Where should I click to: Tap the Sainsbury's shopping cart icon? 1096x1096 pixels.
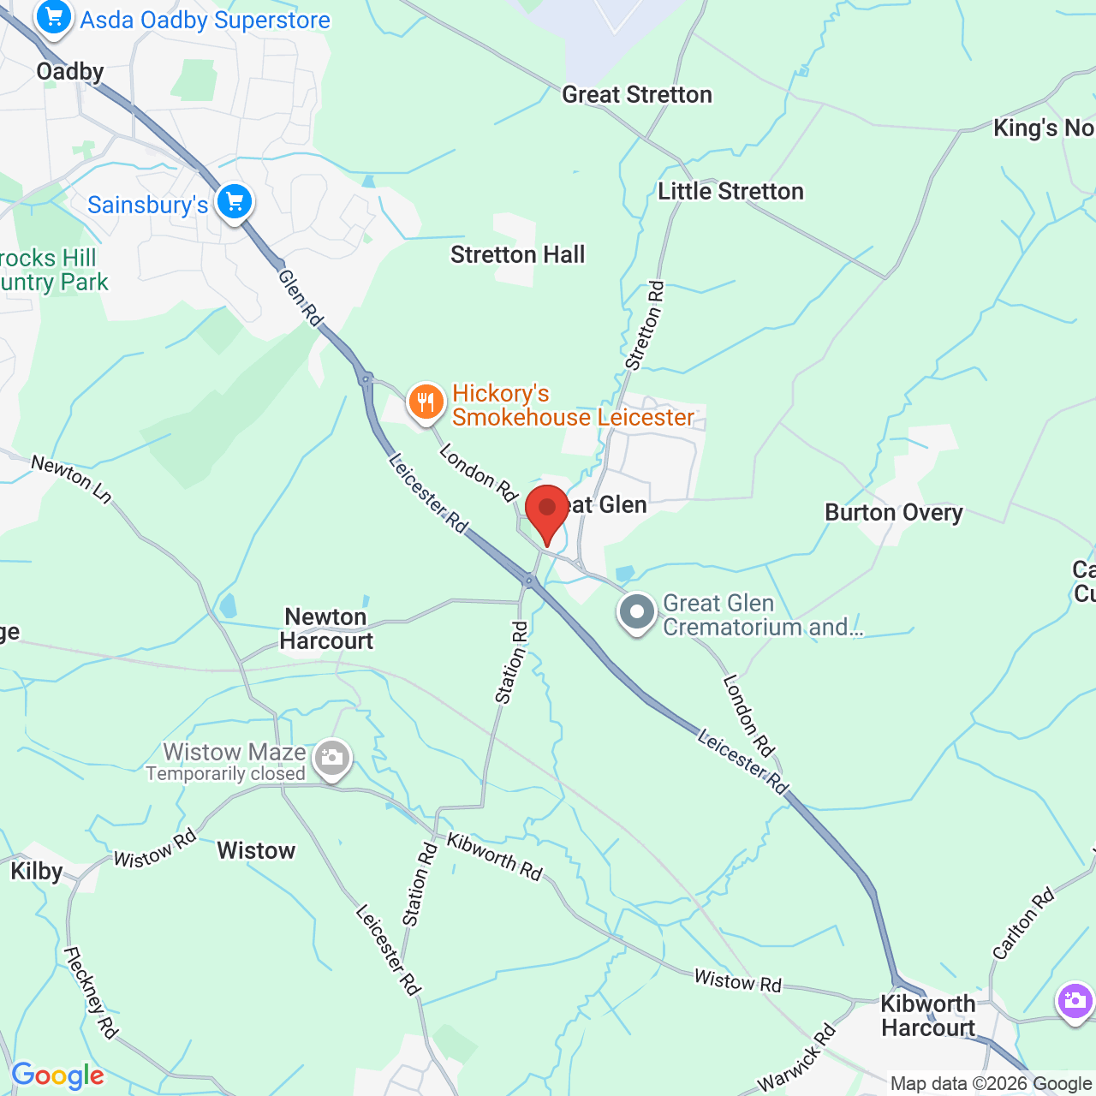pos(235,202)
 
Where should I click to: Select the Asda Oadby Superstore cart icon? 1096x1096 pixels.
pos(53,16)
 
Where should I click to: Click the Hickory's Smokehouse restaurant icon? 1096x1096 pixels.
pos(426,402)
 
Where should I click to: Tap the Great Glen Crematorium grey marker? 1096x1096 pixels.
pos(636,612)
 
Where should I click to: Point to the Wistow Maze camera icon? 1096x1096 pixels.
pos(331,758)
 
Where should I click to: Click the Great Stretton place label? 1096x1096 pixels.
pos(636,94)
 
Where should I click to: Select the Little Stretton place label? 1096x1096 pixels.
pos(730,191)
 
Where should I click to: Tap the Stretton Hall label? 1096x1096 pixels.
pos(517,254)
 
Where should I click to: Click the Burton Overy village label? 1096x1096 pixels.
pos(893,512)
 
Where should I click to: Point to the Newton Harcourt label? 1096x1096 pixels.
pos(326,628)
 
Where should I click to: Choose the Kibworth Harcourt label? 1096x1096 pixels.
pos(928,1016)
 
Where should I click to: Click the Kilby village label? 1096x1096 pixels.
pos(37,871)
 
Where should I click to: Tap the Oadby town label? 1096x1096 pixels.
pos(70,71)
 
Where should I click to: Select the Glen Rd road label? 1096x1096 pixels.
pos(301,298)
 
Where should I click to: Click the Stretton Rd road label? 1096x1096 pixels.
pos(645,326)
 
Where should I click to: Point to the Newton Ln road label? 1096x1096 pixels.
pos(72,478)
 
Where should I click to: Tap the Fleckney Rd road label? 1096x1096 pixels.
pos(91,992)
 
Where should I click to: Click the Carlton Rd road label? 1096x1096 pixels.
pos(1023,924)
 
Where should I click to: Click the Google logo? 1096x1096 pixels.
pos(58,1075)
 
